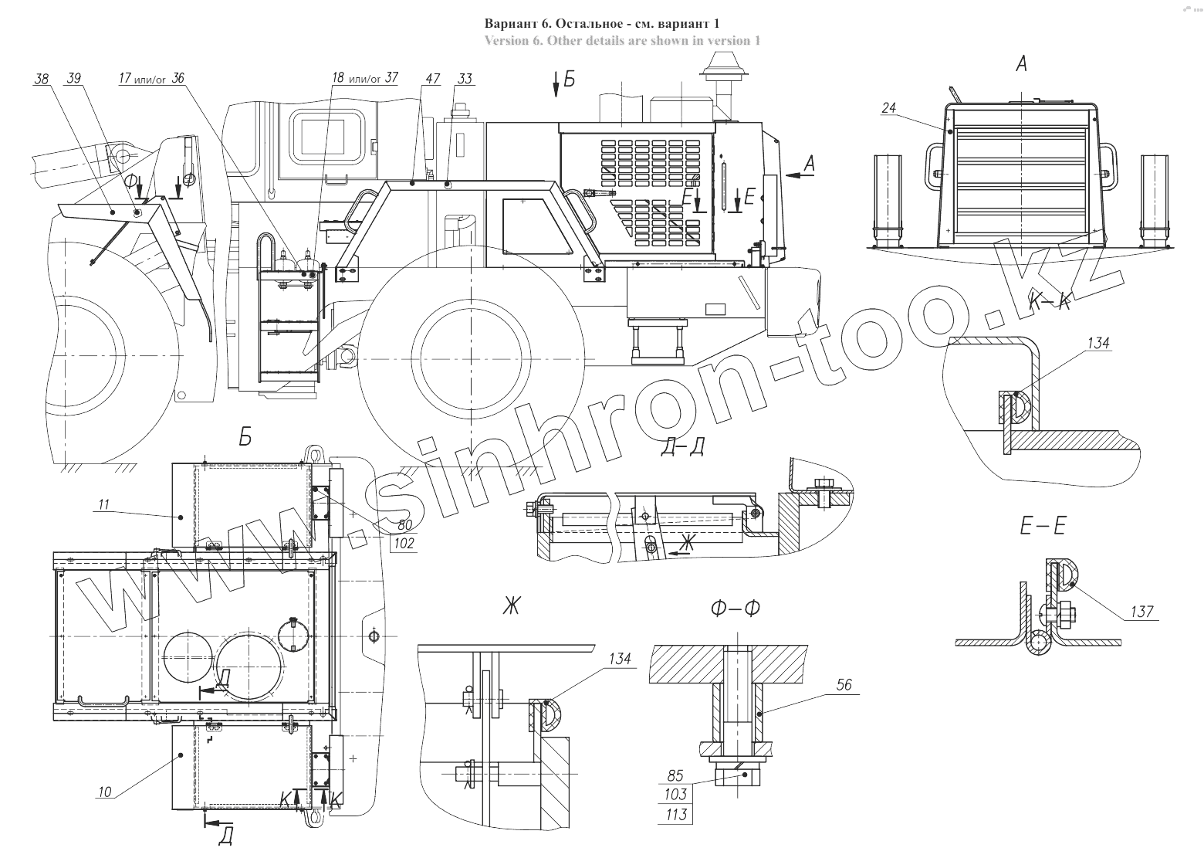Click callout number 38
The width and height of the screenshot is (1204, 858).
[x=42, y=78]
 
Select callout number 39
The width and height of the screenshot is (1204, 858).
[x=74, y=78]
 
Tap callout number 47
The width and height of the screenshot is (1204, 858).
[x=432, y=79]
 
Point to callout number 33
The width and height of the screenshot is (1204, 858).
[x=465, y=79]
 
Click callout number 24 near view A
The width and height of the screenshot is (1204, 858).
[x=889, y=109]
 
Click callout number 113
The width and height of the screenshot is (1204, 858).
[x=675, y=814]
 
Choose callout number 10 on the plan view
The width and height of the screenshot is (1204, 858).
[x=105, y=791]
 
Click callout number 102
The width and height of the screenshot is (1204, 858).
[x=403, y=543]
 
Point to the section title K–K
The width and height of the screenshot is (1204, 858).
[x=1050, y=304]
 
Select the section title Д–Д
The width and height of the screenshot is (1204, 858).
[x=682, y=447]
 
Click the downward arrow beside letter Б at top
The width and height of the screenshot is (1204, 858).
[x=555, y=85]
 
